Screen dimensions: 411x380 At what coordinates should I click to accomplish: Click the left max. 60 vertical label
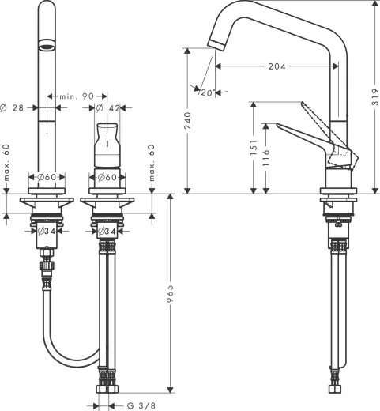6,161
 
